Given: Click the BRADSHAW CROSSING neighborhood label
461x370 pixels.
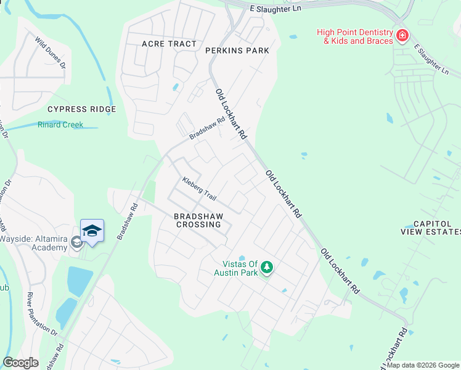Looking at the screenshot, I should [x=197, y=221].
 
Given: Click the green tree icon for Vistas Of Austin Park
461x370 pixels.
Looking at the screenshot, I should [x=267, y=267].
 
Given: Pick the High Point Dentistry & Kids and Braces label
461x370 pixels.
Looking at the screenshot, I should [x=354, y=36].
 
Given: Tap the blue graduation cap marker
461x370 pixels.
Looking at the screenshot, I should [x=92, y=231].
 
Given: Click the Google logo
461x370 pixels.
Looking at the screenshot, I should [x=21, y=363].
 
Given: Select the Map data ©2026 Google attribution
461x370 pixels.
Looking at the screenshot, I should [x=423, y=365].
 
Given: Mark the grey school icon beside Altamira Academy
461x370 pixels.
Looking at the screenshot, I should [x=76, y=243].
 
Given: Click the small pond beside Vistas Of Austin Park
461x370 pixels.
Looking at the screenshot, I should [x=242, y=258].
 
